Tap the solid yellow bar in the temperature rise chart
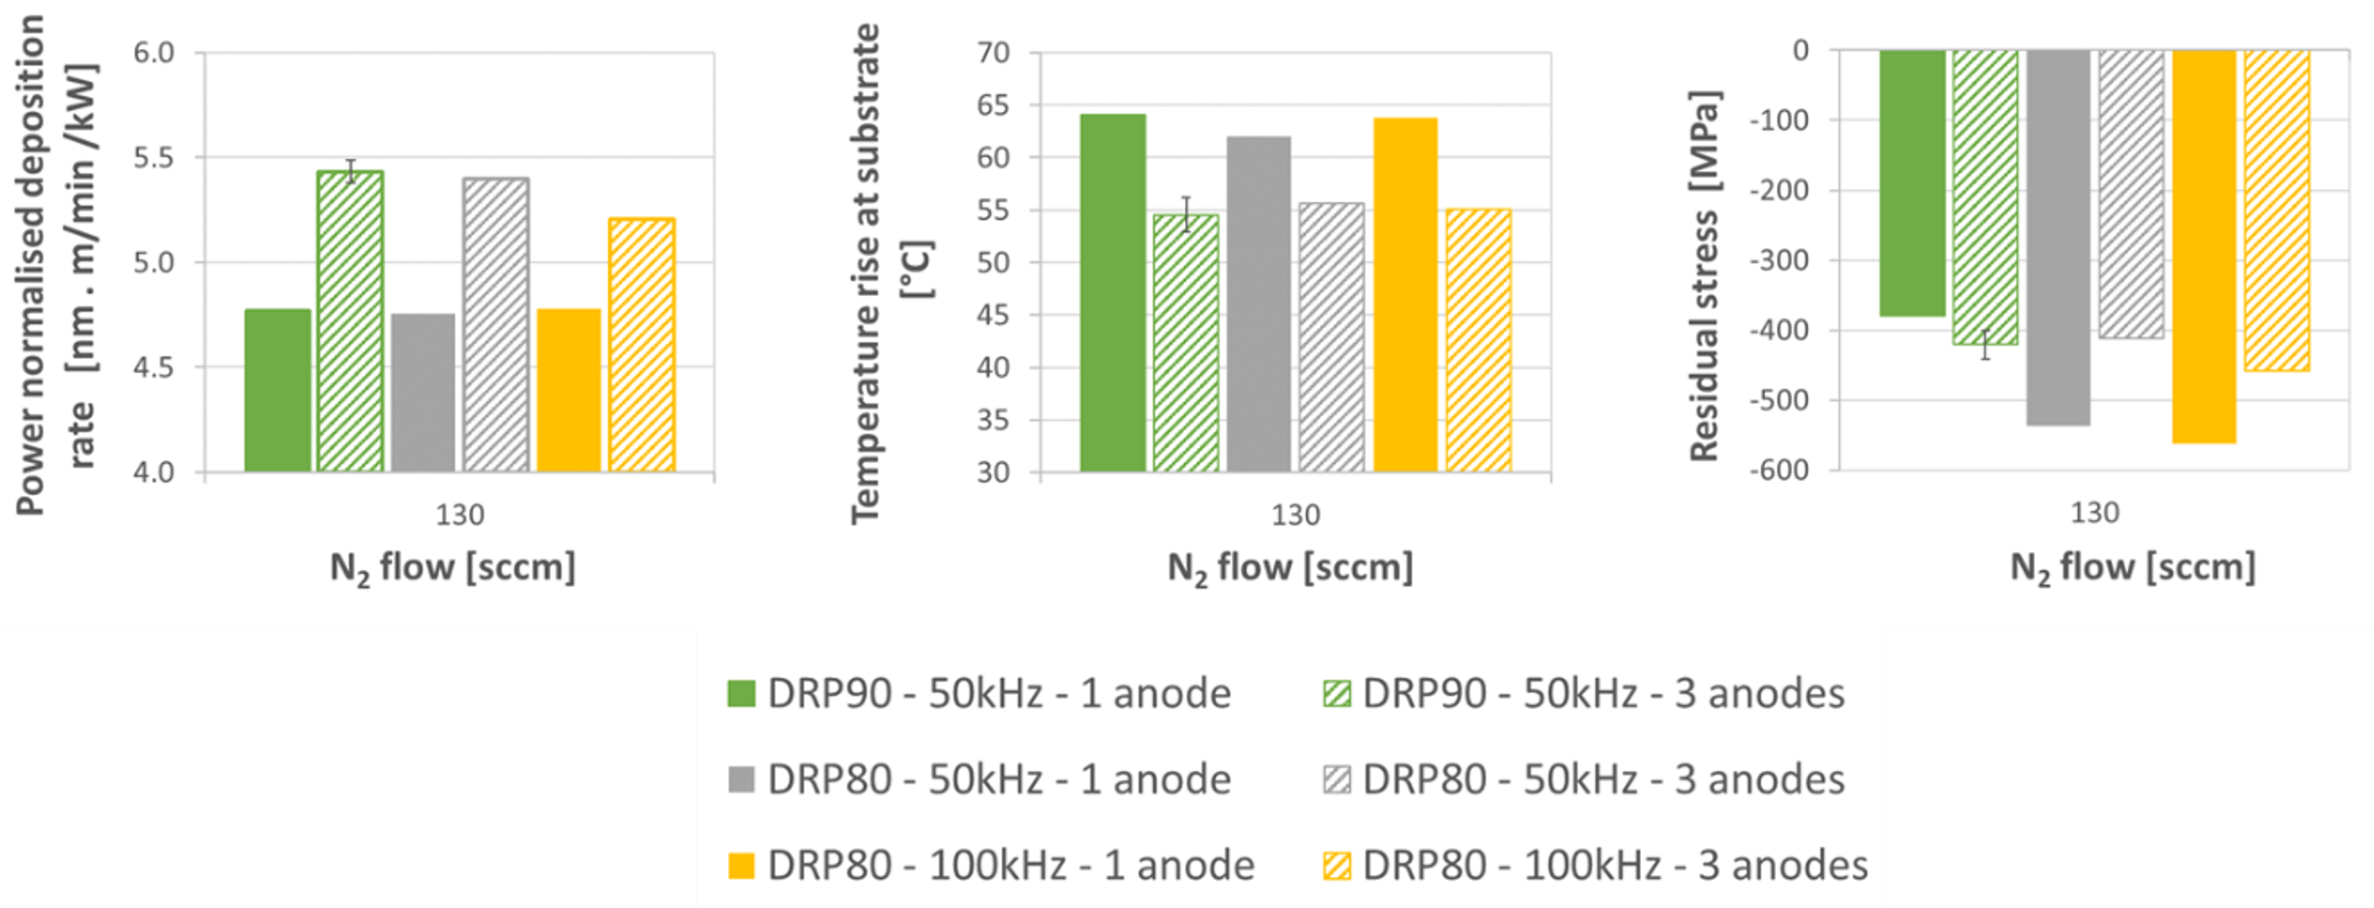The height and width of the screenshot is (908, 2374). pyautogui.click(x=1406, y=294)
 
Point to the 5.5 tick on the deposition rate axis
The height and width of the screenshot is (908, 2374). pyautogui.click(x=154, y=158)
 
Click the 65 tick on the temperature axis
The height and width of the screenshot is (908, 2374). pyautogui.click(x=994, y=105)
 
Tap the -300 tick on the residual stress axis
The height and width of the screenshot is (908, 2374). pyautogui.click(x=1778, y=260)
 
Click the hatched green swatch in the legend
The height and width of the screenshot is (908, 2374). pyautogui.click(x=1336, y=693)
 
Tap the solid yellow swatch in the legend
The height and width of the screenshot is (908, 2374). pyautogui.click(x=741, y=866)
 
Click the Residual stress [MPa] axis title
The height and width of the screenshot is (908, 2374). pyautogui.click(x=1705, y=274)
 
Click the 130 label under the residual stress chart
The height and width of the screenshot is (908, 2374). pyautogui.click(x=2094, y=512)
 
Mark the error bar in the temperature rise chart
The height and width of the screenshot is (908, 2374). pyautogui.click(x=1187, y=214)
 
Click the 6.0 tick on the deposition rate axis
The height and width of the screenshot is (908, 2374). pyautogui.click(x=154, y=53)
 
